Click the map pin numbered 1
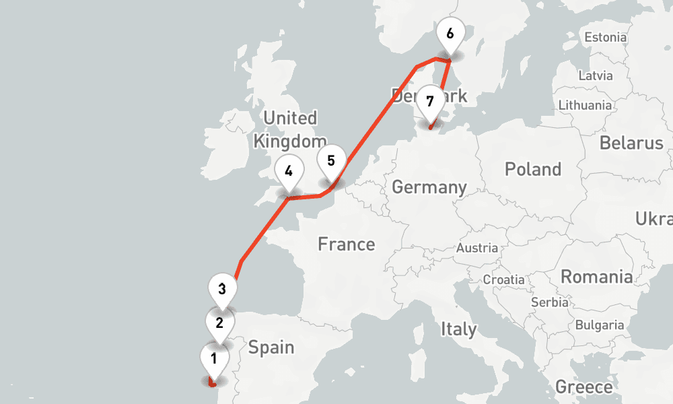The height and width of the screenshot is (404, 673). point(214,359)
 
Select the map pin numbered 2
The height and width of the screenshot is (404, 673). point(219,323)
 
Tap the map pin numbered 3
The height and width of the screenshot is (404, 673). point(222,290)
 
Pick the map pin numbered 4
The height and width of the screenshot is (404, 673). point(289,171)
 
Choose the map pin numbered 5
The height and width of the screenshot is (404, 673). point(331,162)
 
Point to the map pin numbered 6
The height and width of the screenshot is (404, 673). point(450,33)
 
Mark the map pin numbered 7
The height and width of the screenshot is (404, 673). point(429,102)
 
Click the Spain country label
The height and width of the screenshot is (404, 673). point(271,347)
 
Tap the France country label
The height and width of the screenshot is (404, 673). point(347,244)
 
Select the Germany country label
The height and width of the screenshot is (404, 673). point(429,187)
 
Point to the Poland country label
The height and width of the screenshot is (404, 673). point(533,169)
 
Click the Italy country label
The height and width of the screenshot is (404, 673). point(459,329)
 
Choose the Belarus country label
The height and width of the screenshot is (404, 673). point(631,143)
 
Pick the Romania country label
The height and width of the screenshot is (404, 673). point(597,277)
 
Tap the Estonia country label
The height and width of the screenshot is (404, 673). point(606,38)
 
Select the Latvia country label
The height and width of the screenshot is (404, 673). point(596,75)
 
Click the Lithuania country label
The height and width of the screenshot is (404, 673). point(585,105)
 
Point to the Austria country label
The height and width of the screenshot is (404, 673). point(477,248)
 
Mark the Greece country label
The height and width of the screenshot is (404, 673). point(584,387)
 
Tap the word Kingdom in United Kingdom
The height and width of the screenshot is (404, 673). point(289,141)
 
